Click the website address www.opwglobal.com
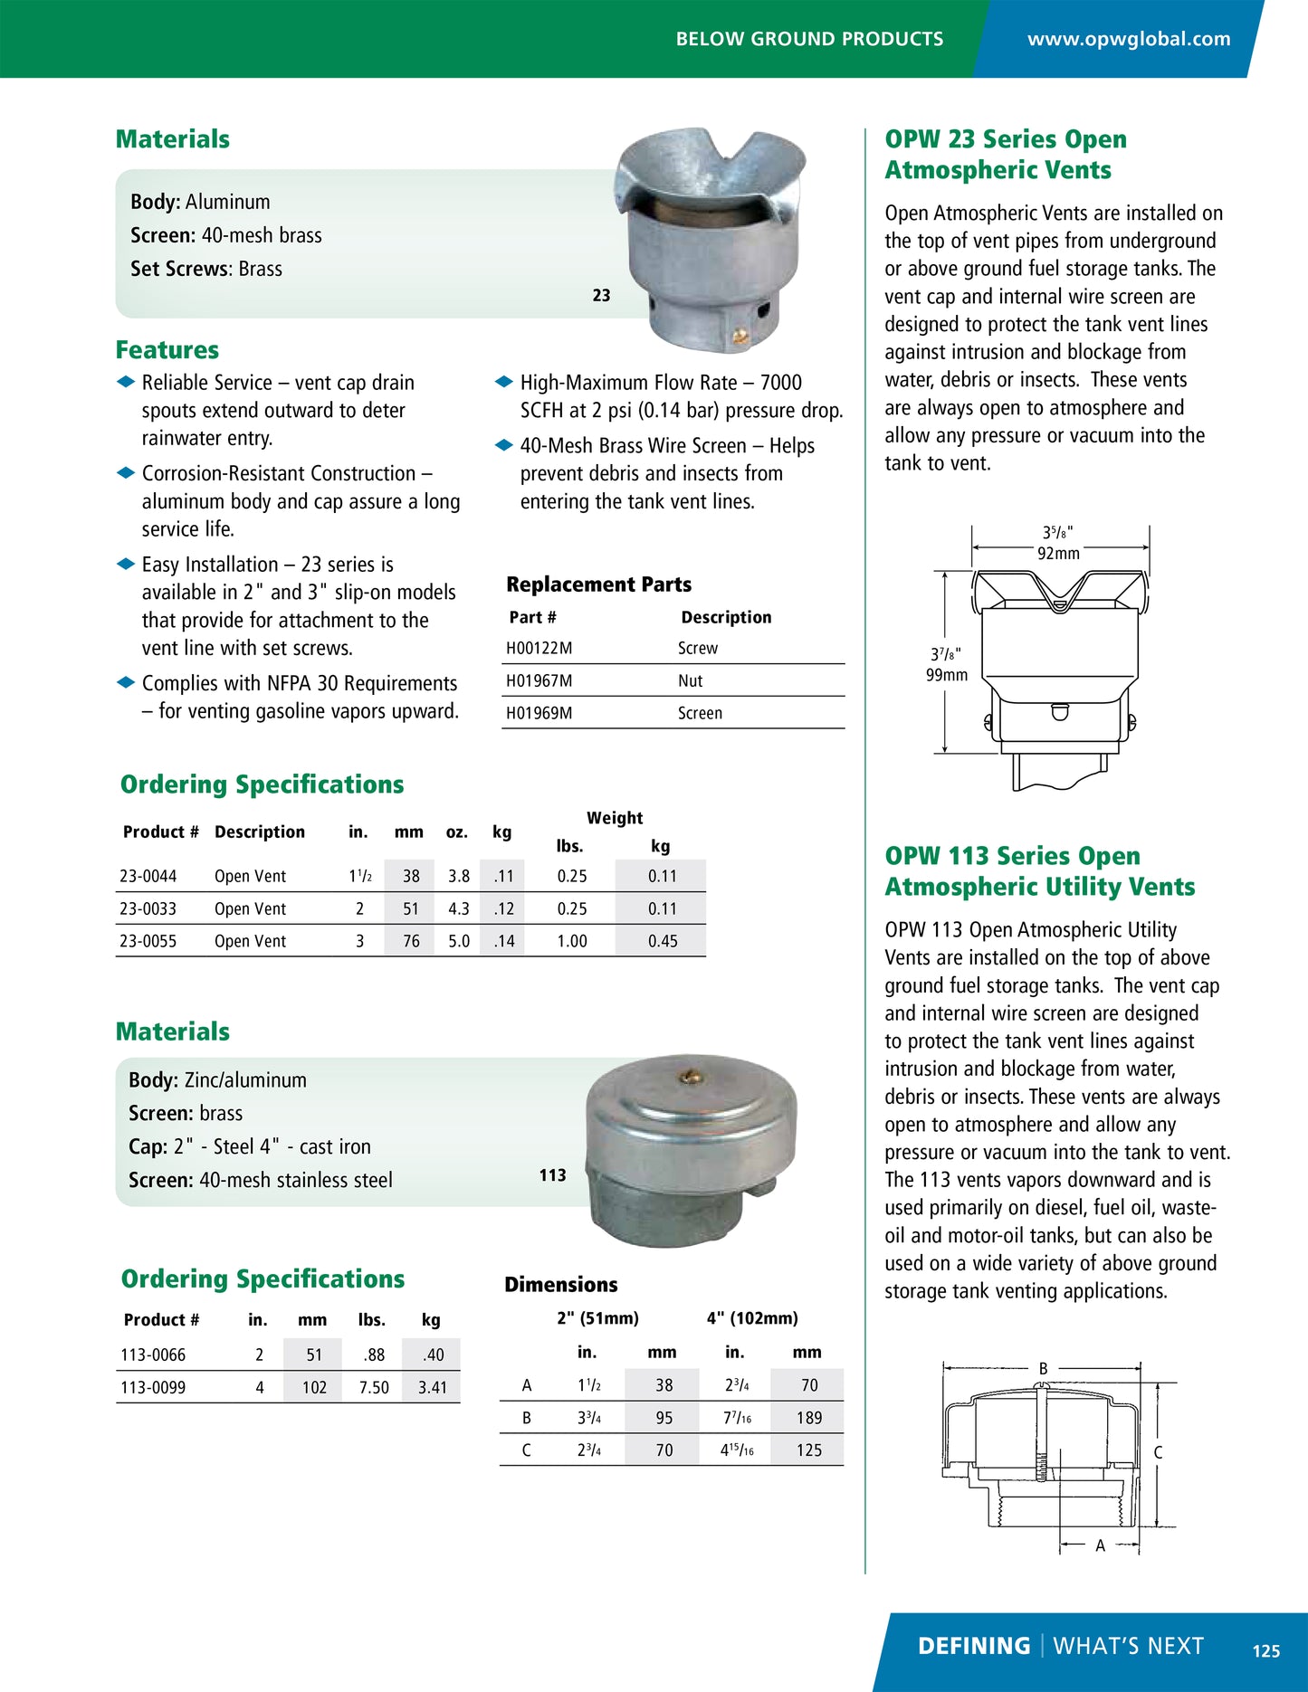[1128, 39]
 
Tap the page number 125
[1265, 1650]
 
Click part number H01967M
[539, 680]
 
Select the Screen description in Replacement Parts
[700, 713]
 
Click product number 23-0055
[148, 941]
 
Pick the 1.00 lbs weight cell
[571, 941]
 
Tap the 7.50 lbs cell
[374, 1387]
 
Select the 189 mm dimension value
[808, 1418]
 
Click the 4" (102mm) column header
[752, 1318]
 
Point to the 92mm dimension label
[1058, 554]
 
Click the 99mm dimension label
[946, 675]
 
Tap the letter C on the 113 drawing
[1158, 1452]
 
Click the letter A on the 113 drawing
[1100, 1545]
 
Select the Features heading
[167, 350]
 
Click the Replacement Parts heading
[598, 585]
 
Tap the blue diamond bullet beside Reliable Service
[126, 383]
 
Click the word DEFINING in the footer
[973, 1646]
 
